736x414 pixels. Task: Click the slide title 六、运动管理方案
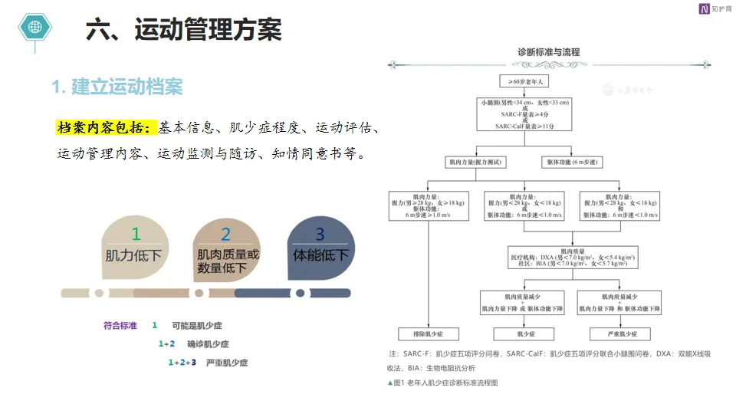point(184,30)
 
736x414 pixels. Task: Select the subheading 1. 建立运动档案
point(117,87)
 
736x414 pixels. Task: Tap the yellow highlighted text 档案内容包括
point(106,127)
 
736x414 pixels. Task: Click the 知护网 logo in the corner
point(711,8)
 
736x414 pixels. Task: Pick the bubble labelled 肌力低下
point(134,245)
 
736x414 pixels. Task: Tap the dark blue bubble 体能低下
point(320,245)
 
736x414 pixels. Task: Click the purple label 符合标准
point(120,326)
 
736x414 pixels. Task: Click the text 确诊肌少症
point(208,344)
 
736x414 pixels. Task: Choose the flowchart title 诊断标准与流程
point(549,52)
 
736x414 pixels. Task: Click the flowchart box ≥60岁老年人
point(524,80)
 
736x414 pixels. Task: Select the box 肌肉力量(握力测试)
point(475,163)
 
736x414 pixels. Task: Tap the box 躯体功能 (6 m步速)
point(572,163)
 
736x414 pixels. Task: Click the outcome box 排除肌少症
point(428,334)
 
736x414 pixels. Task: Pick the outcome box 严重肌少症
point(619,334)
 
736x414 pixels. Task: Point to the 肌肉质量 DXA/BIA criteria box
point(573,257)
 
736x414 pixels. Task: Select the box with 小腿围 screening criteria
point(524,113)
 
